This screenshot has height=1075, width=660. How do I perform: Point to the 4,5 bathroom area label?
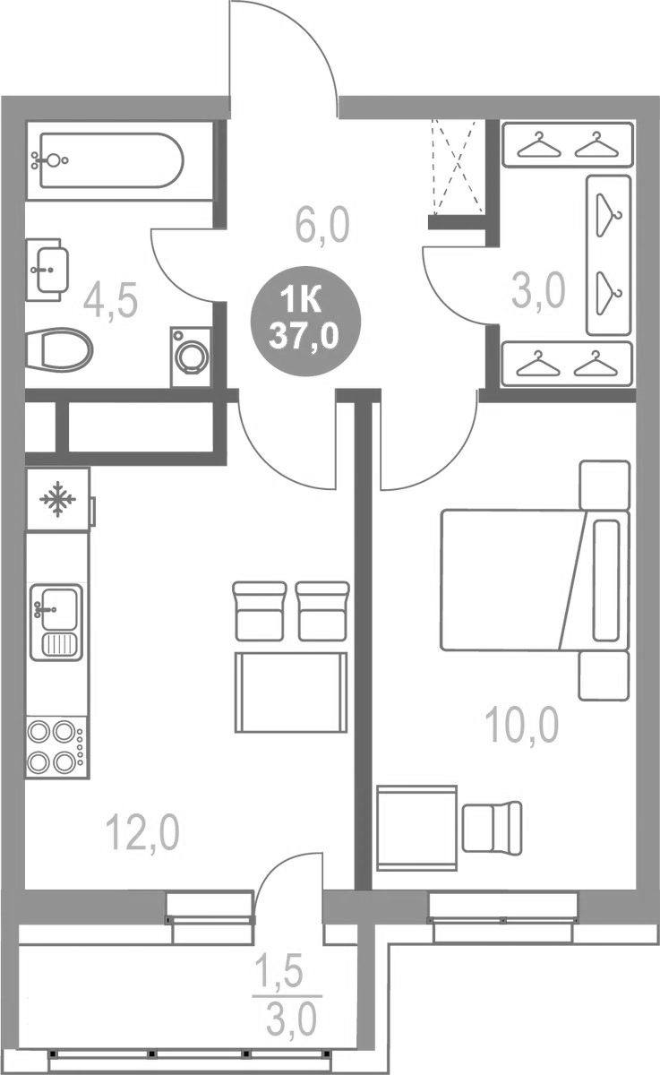click(110, 301)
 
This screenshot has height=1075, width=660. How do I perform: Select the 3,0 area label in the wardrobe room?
click(538, 290)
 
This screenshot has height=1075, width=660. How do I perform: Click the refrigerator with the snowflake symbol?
click(58, 499)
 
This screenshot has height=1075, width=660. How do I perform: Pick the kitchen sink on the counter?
click(56, 620)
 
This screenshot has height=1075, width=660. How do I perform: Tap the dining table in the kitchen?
click(291, 692)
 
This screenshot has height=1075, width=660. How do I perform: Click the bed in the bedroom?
click(534, 580)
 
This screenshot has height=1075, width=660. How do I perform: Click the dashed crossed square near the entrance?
click(457, 167)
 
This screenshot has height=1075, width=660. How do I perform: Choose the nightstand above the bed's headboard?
click(604, 485)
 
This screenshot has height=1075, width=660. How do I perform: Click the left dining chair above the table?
click(260, 611)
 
